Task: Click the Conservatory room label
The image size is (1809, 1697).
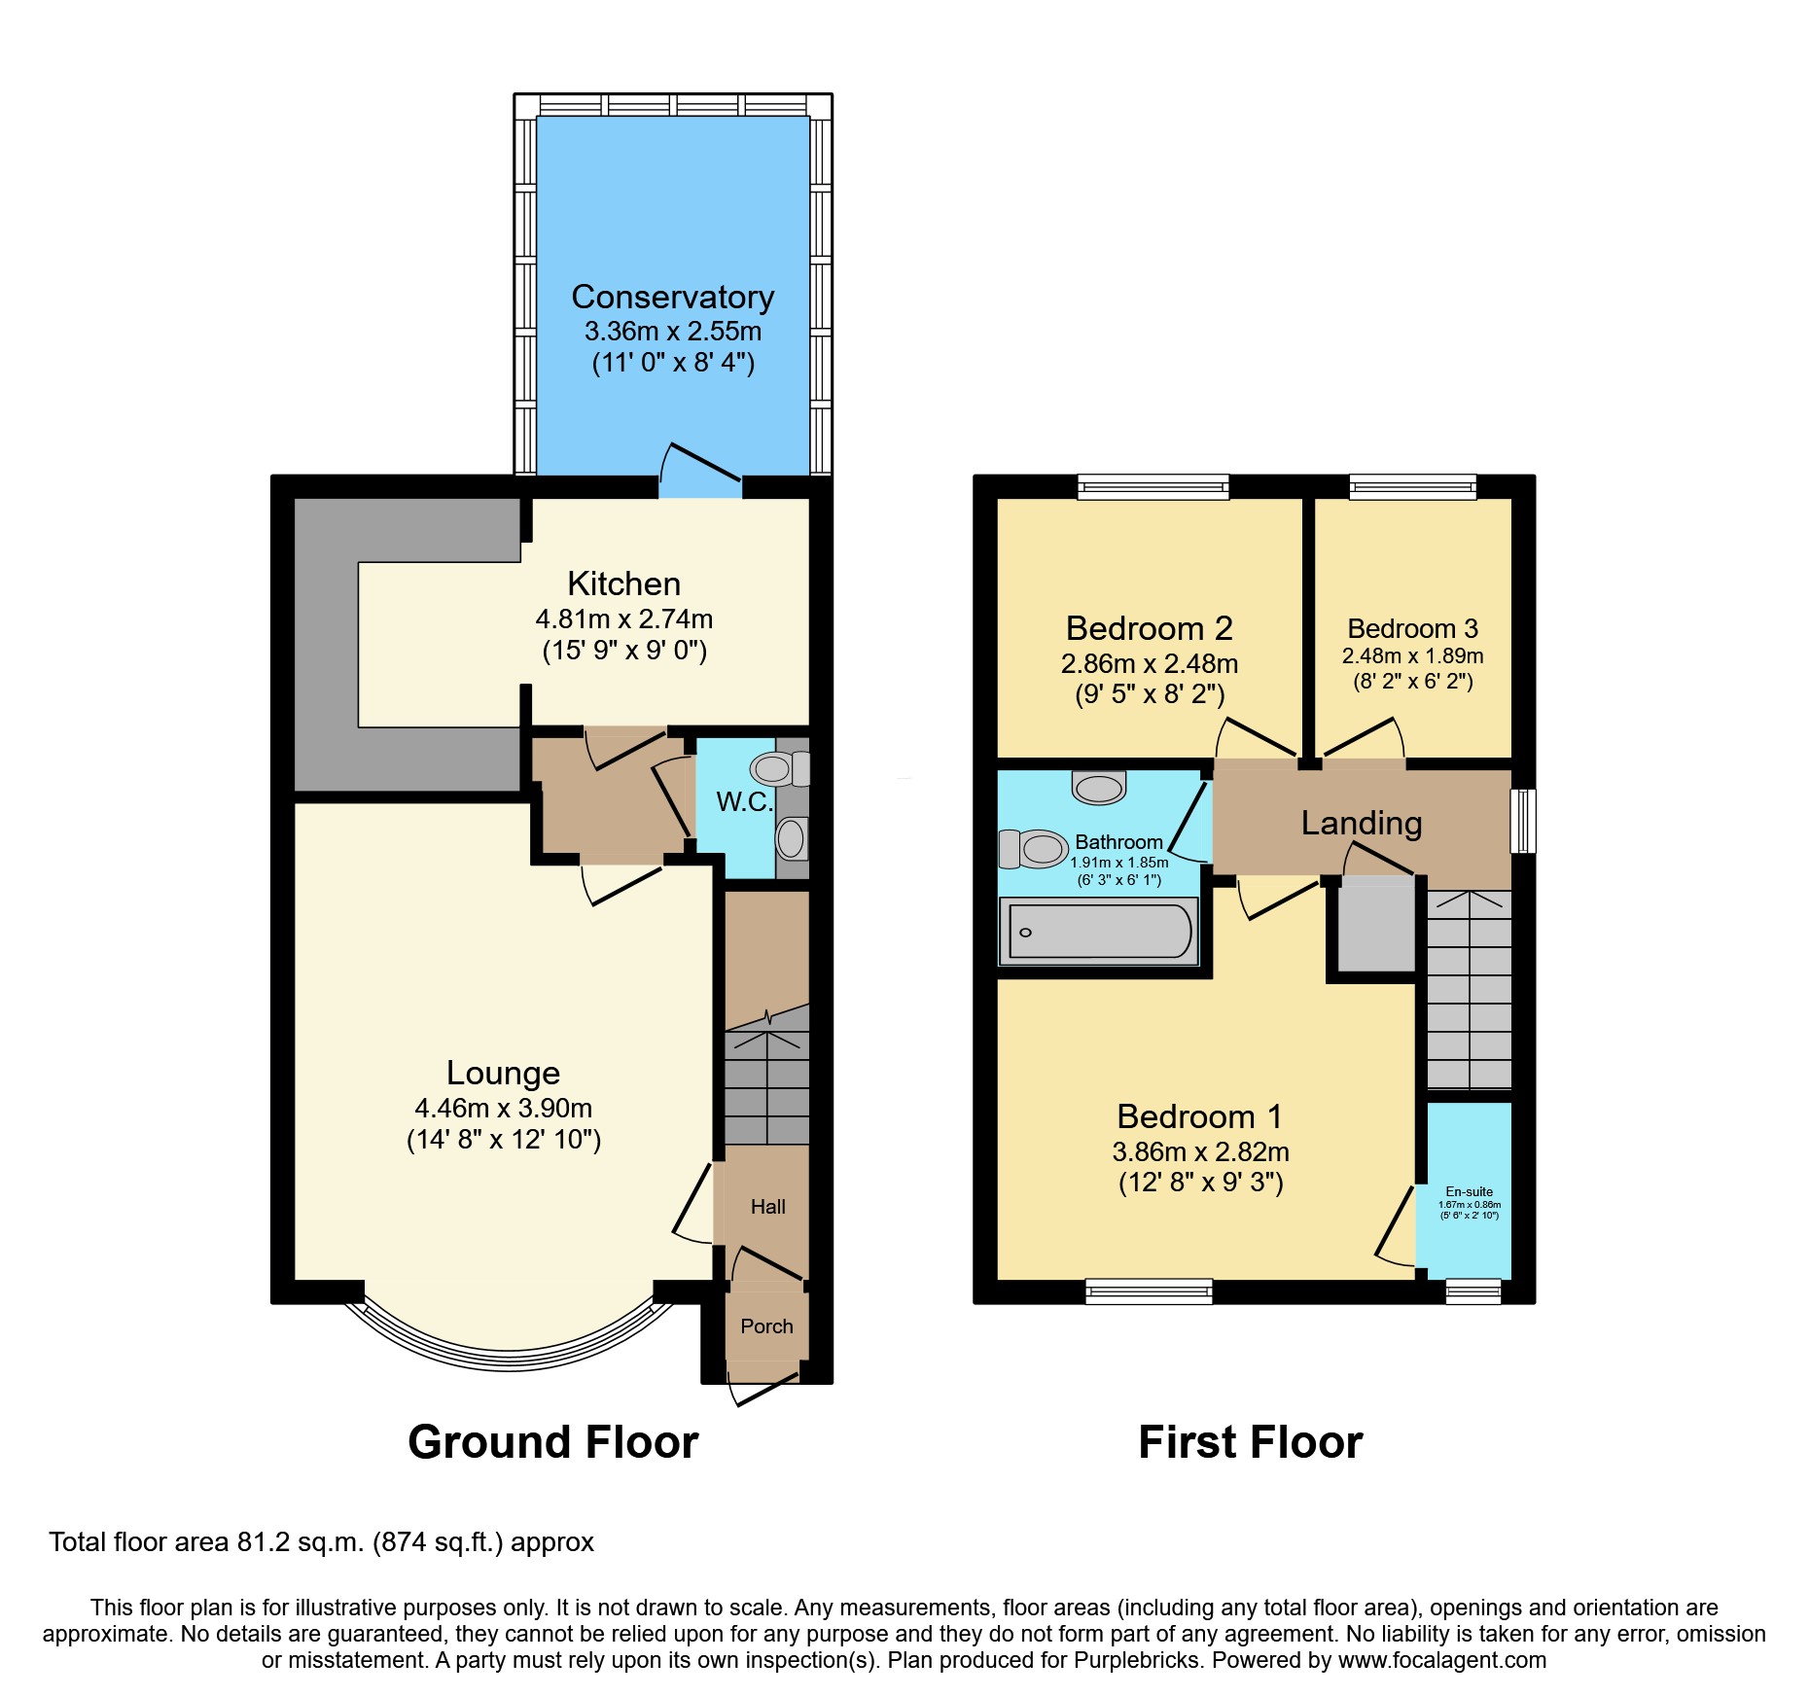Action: pyautogui.click(x=673, y=297)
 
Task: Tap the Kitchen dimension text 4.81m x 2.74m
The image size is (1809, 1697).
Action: pyautogui.click(x=624, y=619)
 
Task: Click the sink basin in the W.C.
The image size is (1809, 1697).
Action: pyautogui.click(x=792, y=837)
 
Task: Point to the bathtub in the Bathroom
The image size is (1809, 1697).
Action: pyautogui.click(x=1099, y=932)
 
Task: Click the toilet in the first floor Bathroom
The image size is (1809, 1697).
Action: pyautogui.click(x=1033, y=849)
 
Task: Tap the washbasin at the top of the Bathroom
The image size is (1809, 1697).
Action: pyautogui.click(x=1099, y=787)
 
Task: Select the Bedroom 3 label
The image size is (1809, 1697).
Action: pyautogui.click(x=1413, y=628)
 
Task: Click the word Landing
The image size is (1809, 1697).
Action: pyautogui.click(x=1362, y=824)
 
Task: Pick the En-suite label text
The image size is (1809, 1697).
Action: pyautogui.click(x=1470, y=1191)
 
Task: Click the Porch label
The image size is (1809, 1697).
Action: pyautogui.click(x=766, y=1326)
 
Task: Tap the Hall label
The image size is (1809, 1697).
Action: pyautogui.click(x=768, y=1207)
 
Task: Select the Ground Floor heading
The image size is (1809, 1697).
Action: pyautogui.click(x=553, y=1441)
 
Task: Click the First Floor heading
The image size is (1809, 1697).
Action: pyautogui.click(x=1251, y=1441)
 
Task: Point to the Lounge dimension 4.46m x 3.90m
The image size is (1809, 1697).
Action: pyautogui.click(x=504, y=1108)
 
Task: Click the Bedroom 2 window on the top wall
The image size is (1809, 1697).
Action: pyautogui.click(x=1153, y=486)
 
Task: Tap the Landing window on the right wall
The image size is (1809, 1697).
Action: pyautogui.click(x=1523, y=821)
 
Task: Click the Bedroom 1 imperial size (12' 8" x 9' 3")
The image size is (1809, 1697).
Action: pyautogui.click(x=1201, y=1183)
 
